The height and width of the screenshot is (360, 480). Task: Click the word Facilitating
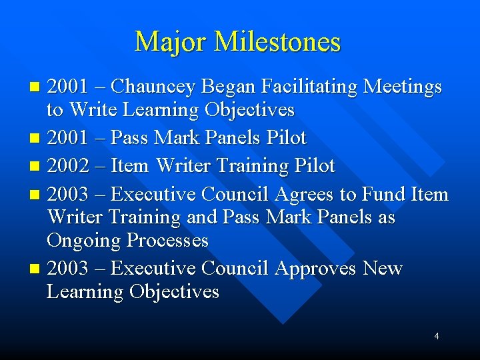click(x=300, y=87)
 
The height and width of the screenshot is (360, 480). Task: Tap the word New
click(x=383, y=268)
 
